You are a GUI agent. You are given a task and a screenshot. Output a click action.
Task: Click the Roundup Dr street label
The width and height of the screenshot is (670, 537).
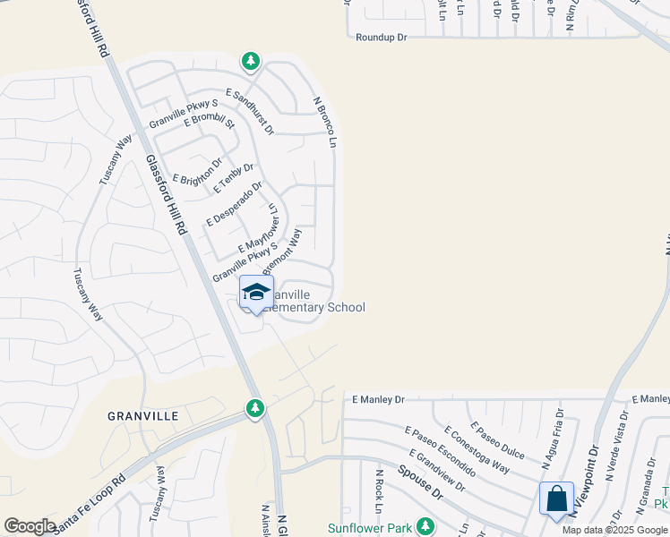(381, 38)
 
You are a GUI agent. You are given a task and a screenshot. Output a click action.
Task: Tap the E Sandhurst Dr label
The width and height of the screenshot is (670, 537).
(250, 111)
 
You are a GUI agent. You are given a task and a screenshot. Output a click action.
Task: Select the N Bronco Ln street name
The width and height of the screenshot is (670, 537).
(325, 123)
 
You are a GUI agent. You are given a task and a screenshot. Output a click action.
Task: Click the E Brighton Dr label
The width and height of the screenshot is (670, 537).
(197, 172)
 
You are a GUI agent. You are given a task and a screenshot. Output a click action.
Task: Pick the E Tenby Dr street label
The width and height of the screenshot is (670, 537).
(235, 178)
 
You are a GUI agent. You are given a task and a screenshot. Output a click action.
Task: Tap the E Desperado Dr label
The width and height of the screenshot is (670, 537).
(234, 204)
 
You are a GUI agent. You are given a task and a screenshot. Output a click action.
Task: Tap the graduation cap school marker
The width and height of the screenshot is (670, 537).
(256, 292)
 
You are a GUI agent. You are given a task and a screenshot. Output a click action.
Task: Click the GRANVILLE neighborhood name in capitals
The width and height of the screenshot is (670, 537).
(143, 416)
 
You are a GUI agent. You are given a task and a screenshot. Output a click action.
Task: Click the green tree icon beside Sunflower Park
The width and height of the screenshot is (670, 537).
(427, 524)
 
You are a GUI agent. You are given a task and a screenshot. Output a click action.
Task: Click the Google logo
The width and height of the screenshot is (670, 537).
(30, 526)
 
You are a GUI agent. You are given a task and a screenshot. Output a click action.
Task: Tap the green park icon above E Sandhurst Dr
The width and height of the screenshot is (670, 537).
(251, 61)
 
